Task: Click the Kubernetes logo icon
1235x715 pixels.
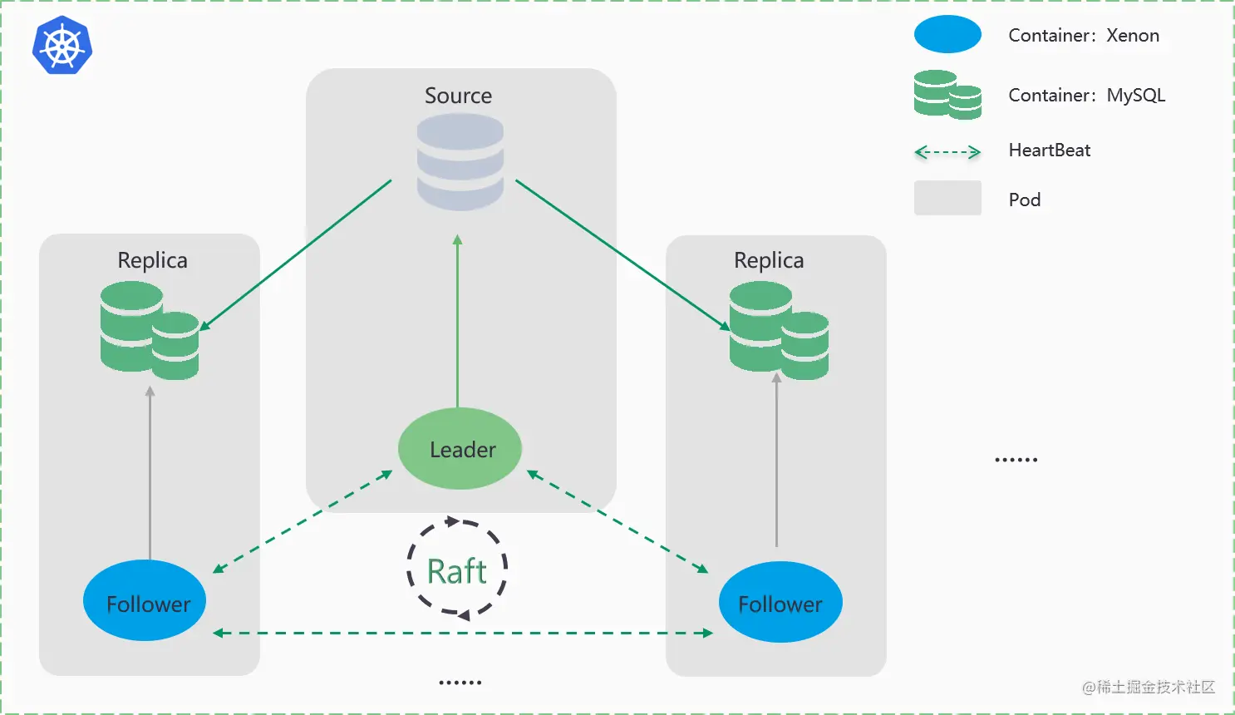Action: (62, 46)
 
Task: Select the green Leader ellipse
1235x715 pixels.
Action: (460, 449)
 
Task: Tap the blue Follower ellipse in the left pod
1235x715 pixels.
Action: (145, 601)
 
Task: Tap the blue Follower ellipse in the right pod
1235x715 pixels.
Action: (780, 602)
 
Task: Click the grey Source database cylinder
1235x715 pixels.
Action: (460, 162)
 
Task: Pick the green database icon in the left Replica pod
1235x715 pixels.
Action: (150, 331)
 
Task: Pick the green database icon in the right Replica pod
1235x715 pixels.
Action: (779, 331)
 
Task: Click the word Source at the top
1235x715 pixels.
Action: (458, 96)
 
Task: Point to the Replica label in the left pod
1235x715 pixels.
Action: (152, 260)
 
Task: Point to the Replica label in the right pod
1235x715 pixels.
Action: (769, 260)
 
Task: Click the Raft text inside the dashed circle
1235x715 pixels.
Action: (456, 572)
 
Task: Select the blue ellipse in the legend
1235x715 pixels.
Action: (947, 35)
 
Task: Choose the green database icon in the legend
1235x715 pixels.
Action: (947, 95)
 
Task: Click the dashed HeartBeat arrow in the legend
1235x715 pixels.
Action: (947, 152)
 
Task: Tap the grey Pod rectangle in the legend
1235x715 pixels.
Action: (947, 198)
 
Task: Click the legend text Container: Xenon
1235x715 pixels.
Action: (1084, 36)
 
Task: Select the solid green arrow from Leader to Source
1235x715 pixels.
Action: (457, 324)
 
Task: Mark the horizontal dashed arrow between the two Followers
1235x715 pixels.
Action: (463, 634)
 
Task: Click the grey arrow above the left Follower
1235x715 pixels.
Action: (150, 474)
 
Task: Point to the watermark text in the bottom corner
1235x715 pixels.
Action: (1149, 687)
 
